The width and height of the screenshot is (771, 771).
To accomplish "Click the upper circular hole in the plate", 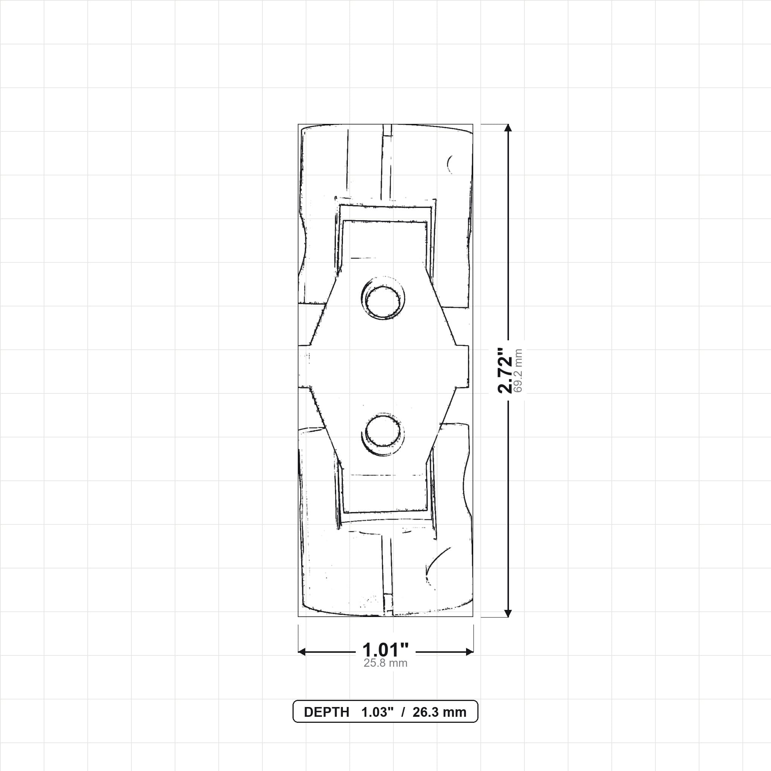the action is (383, 302).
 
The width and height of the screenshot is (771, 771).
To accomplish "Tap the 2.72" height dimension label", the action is (504, 370).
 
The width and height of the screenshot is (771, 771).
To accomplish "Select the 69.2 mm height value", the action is (518, 371).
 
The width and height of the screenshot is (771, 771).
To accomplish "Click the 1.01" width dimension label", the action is (385, 650).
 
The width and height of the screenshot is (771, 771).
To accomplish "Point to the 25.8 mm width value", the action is (385, 663).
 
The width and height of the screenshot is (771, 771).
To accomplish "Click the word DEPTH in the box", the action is (326, 712).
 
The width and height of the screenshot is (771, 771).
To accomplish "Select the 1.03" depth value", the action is (378, 712).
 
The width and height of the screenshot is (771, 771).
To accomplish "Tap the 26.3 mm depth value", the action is (439, 712).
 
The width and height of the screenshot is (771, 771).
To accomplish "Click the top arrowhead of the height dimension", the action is (508, 127).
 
